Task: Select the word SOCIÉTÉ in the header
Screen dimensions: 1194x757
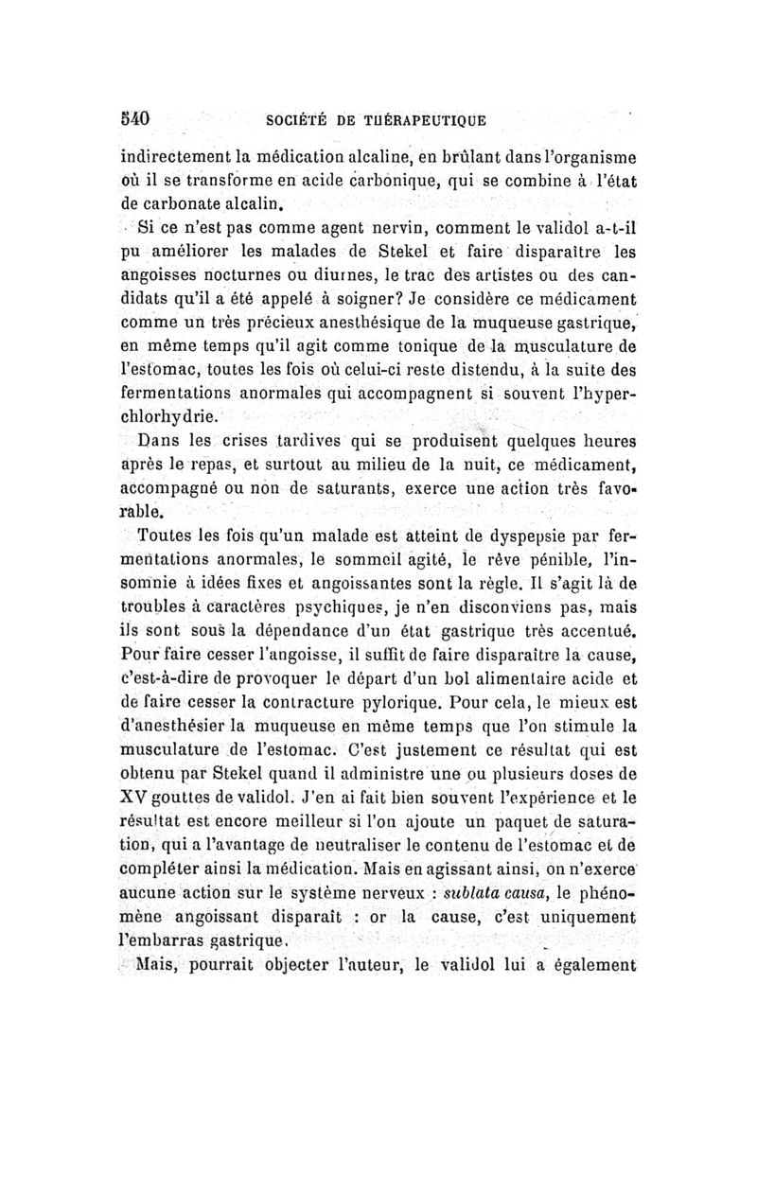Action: [x=299, y=121]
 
